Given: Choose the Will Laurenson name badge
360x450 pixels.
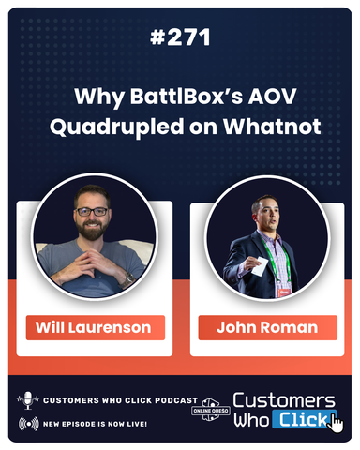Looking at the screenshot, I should [95, 327].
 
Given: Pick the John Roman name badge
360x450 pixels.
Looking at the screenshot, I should [267, 327].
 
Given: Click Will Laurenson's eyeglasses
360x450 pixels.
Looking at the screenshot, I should [92, 211].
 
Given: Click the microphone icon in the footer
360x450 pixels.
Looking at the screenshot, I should [27, 400].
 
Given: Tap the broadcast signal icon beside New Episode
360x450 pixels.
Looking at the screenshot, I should [27, 423].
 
